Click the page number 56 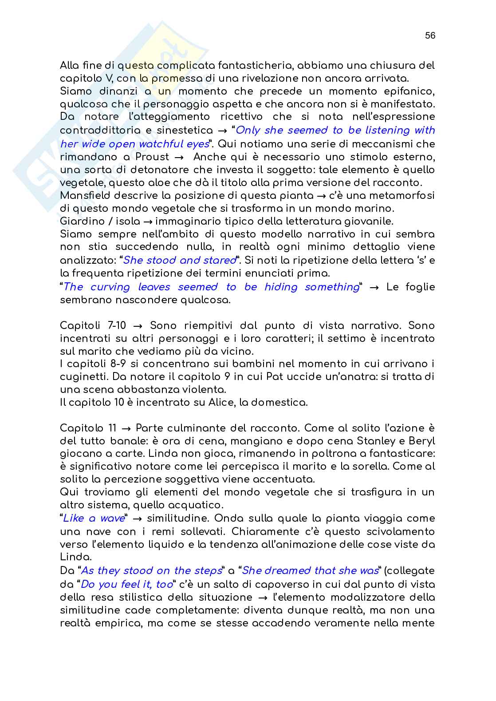tap(430, 36)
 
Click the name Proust tap(152, 157)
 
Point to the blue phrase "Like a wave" tap(93, 519)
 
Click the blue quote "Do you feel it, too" tap(126, 584)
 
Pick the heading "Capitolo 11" tap(88, 428)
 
